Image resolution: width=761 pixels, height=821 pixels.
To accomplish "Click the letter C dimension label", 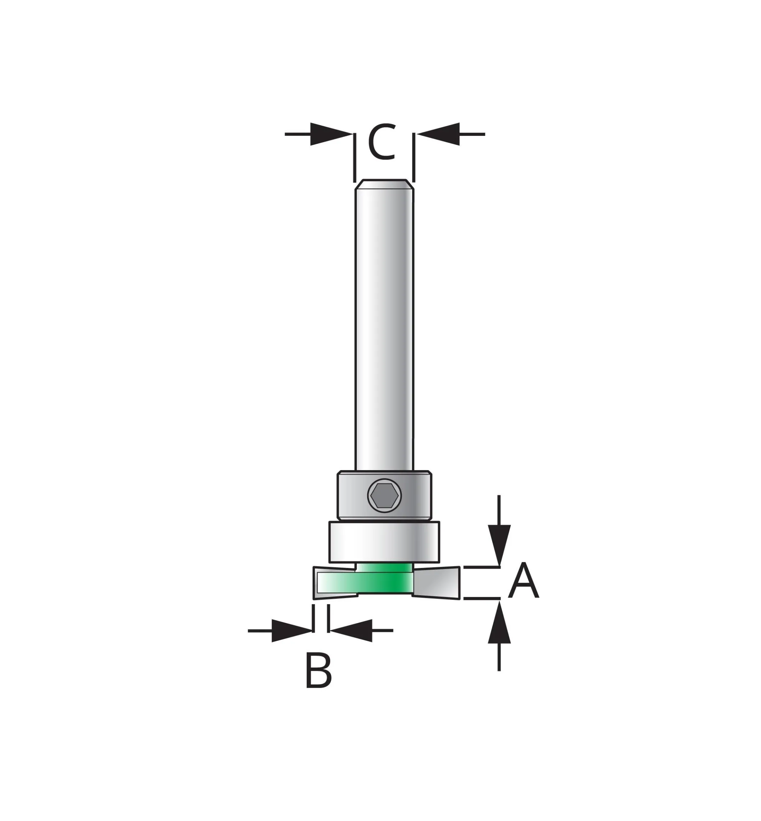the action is (381, 142).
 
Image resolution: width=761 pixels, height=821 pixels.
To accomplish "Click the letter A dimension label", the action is (523, 581).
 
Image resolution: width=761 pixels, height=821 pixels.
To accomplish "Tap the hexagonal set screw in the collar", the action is (384, 496).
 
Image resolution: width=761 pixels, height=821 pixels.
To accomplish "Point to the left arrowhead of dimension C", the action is (332, 134).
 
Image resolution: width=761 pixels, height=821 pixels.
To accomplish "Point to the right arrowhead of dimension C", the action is (438, 134).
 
